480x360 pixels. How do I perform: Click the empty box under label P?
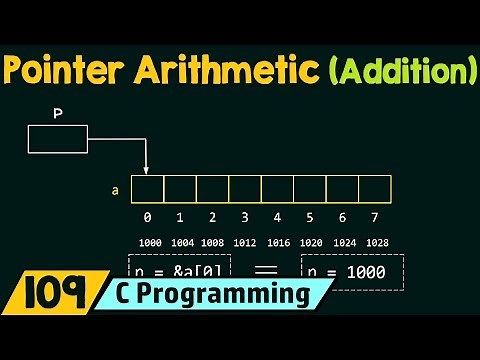coord(58,139)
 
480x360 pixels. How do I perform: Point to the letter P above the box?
coord(58,115)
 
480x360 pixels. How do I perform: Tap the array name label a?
coord(117,188)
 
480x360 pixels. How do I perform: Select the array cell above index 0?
coord(147,188)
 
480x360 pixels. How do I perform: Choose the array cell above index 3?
coord(245,188)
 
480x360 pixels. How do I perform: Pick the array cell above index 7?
coord(375,188)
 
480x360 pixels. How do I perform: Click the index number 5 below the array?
coord(310,217)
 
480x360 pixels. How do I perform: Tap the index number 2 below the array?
coord(212,217)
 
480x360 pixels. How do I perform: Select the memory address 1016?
coord(278,243)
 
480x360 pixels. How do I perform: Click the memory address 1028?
coord(376,243)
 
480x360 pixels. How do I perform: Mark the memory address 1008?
coord(212,243)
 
